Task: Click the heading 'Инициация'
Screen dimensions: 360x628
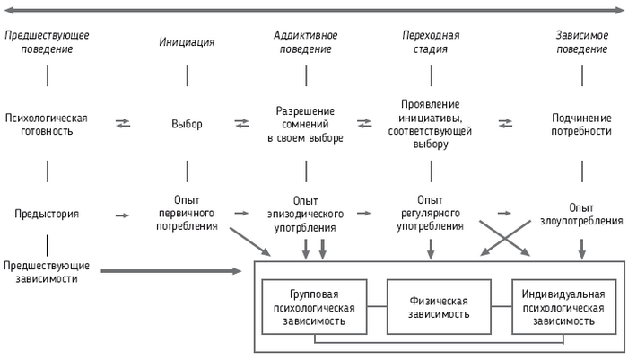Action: [187, 42]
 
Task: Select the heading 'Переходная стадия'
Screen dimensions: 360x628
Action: [430, 42]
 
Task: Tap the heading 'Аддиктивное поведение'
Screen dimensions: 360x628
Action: [305, 42]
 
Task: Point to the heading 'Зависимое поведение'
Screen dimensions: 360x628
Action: [582, 42]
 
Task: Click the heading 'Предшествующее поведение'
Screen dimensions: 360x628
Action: [47, 42]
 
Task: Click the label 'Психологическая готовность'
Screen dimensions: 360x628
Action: [47, 123]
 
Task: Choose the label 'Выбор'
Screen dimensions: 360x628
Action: [187, 123]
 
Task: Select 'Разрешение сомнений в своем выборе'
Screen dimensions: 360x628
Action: [305, 124]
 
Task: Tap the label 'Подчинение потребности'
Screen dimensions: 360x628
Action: [582, 124]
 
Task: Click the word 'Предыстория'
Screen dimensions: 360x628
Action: [47, 215]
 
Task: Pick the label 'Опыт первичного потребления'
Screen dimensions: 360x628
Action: [187, 214]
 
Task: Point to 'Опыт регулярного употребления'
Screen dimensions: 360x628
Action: [432, 214]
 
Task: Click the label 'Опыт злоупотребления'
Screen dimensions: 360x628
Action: [582, 215]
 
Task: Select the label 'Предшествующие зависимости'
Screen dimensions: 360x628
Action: [47, 271]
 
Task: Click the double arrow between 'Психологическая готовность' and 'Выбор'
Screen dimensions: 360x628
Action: [123, 123]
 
